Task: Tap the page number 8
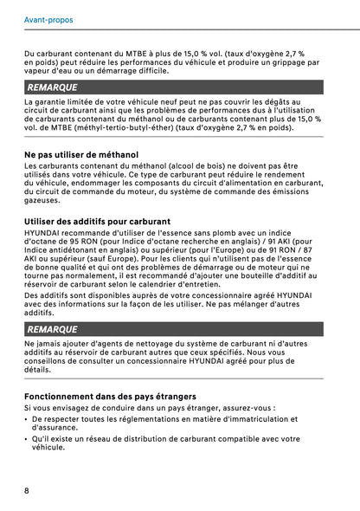point(28,490)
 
